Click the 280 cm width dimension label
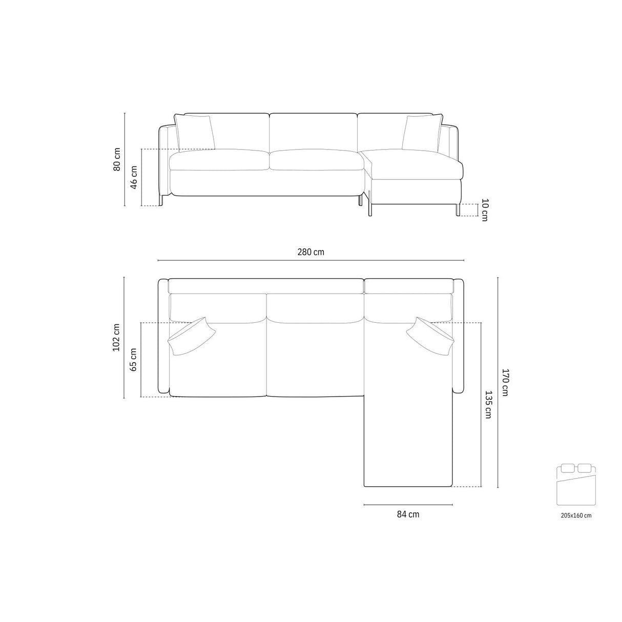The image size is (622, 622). (310, 252)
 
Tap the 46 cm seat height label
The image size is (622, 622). (134, 177)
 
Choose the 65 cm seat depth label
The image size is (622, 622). (134, 359)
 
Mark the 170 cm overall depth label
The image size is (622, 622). (505, 382)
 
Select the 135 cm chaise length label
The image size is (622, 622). (488, 405)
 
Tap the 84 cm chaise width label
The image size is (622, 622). (408, 514)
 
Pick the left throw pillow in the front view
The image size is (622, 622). (195, 132)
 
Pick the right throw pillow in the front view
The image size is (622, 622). (421, 133)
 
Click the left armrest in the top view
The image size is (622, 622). (163, 337)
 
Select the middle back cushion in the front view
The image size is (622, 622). (313, 132)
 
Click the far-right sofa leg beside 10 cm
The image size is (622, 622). (455, 210)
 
